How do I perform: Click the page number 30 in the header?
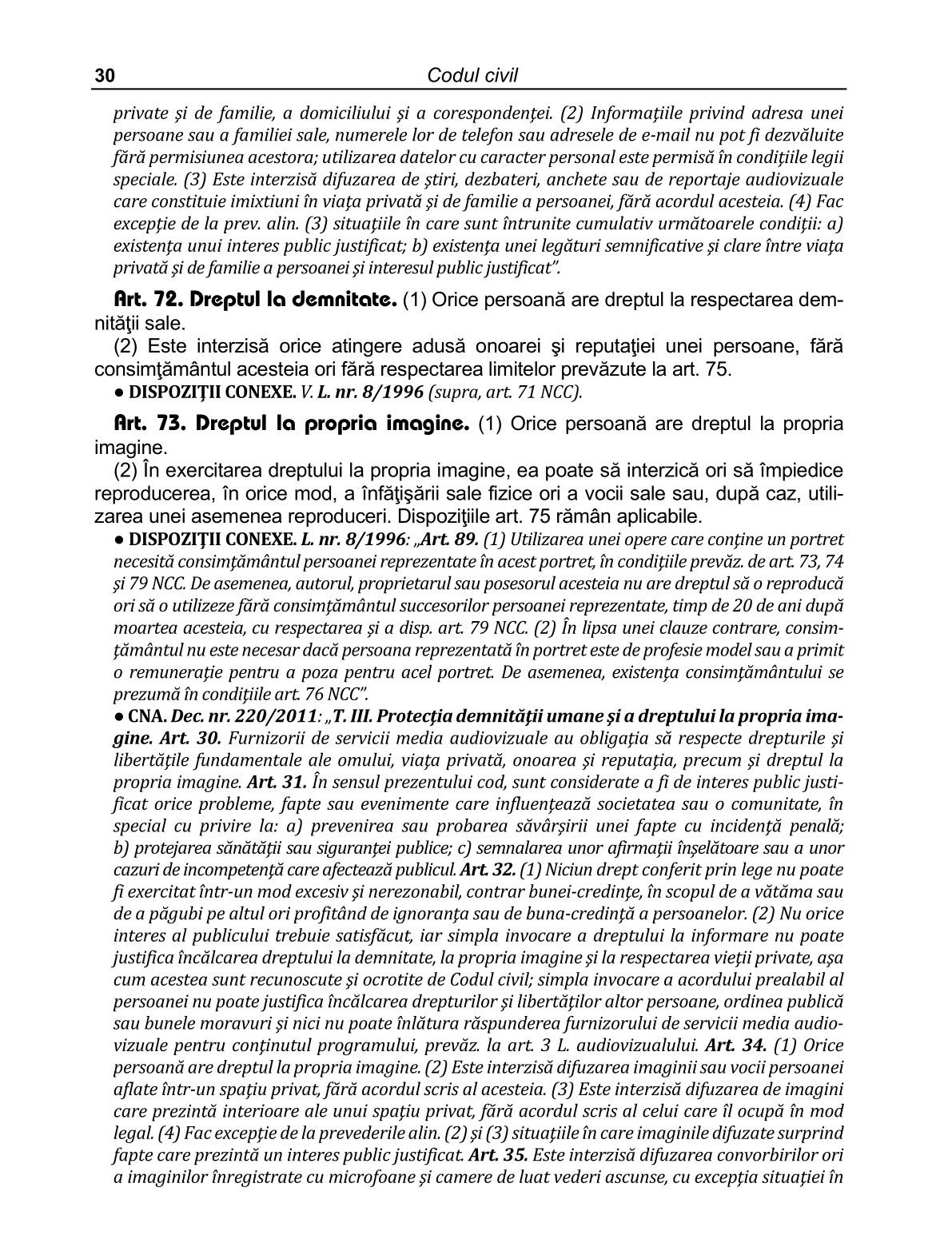[105, 76]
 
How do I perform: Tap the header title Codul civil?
[472, 75]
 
